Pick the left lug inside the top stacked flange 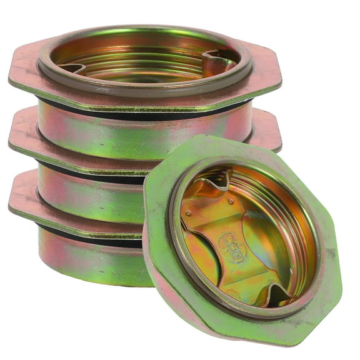tap(71, 66)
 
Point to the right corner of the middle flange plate tap(275, 134)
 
